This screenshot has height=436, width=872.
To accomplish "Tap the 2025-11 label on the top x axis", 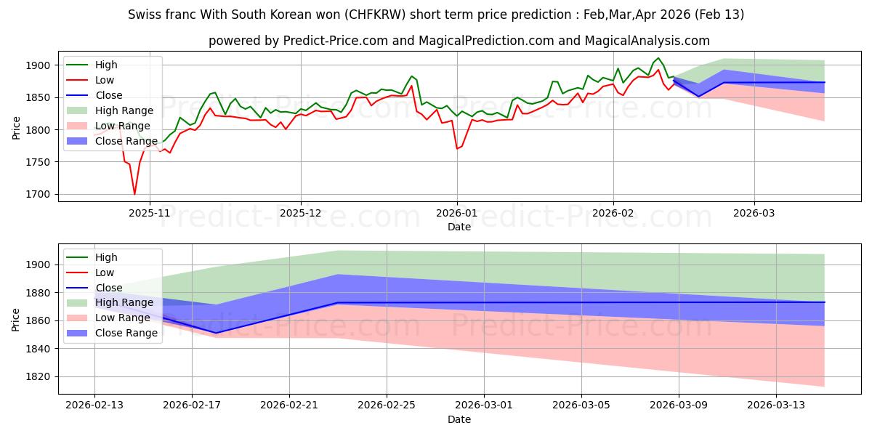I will coord(150,214).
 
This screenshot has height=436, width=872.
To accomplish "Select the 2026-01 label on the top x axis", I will coord(457,214).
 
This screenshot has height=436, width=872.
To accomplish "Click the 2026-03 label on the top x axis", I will coord(754,214).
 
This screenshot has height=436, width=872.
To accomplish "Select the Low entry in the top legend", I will coord(105,80).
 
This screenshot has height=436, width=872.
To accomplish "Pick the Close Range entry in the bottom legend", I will coord(126,333).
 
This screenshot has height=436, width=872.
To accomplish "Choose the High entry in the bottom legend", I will coord(106,257).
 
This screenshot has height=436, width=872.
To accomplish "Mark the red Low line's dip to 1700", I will coord(134,194).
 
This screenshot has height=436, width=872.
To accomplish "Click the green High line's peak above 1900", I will coord(658,58).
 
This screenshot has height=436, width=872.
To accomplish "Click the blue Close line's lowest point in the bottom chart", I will coord(217,333).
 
